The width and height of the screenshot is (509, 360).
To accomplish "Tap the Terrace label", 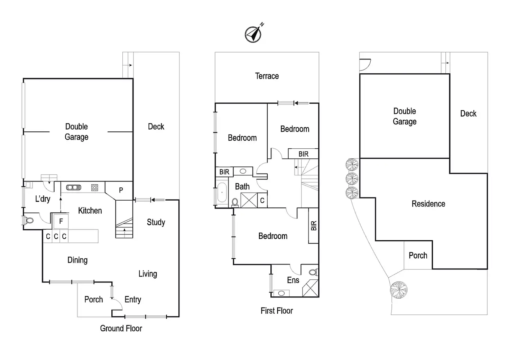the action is point(267,76).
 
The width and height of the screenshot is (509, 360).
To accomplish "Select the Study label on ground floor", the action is point(156,222).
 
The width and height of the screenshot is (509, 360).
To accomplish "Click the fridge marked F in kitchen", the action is point(61,221).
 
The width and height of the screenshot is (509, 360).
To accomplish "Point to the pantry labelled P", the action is point(121,190).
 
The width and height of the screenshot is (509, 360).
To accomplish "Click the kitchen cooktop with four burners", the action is point(94,187).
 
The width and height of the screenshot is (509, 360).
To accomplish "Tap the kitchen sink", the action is point(73,187).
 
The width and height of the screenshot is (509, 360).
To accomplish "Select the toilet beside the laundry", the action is point(29,220).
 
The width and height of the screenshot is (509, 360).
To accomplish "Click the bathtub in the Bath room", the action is point(221,192).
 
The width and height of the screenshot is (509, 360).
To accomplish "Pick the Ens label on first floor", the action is point(293,280).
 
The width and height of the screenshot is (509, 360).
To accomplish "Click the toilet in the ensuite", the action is point(313,272).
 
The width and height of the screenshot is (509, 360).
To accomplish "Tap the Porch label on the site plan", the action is point(418,256).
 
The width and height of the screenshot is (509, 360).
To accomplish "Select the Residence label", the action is point(428,204).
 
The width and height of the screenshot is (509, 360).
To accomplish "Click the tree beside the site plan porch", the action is point(398,289).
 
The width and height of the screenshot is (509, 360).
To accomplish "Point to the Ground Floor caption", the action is point(121,328).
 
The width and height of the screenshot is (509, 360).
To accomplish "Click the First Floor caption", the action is point(277,311).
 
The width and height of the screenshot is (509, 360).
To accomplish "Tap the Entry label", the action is point(133,299).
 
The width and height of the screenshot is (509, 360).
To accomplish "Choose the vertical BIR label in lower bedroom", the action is point(313,226).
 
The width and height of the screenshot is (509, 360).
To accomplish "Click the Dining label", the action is point(77,260).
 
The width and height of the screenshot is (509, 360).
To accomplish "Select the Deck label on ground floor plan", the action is point(156,127).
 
